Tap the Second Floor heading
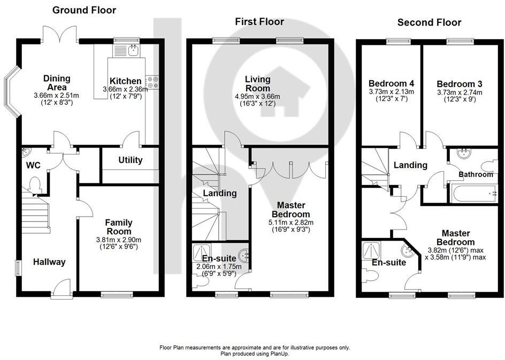[429, 22]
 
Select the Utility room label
[130, 160]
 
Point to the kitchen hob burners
[153, 82]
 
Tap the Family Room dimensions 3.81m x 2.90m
[118, 240]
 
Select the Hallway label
[49, 262]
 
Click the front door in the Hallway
[62, 293]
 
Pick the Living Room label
[258, 83]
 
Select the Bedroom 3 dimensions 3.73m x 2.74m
[460, 92]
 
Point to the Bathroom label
[476, 174]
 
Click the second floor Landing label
[410, 165]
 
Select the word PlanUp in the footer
[279, 354]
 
